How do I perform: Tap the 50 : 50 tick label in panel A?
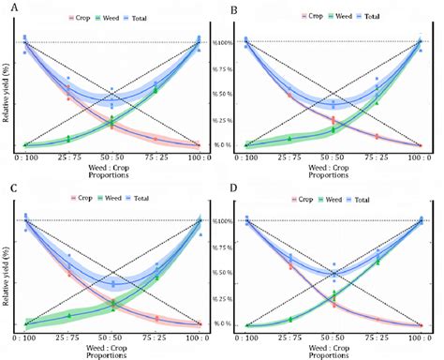click(111, 158)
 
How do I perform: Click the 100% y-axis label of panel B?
click(222, 41)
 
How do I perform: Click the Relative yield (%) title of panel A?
click(7, 94)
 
